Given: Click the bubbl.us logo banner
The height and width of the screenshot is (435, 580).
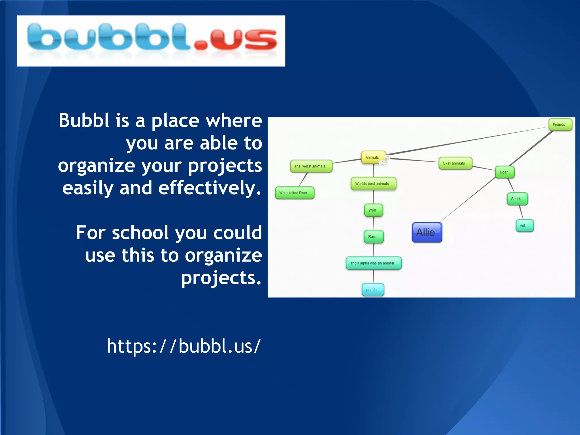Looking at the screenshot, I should tap(151, 41).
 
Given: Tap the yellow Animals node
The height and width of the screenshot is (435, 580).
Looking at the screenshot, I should tap(372, 157).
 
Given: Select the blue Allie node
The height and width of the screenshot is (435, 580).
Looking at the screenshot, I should tap(427, 233).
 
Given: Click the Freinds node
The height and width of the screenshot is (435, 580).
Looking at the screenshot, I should tap(560, 125).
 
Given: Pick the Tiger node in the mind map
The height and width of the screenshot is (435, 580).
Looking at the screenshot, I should tap(504, 172).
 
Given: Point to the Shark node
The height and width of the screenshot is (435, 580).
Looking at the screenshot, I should tap(517, 199).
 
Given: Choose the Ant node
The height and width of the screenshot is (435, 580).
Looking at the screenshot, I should tap(524, 226).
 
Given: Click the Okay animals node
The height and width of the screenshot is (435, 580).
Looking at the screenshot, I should tap(455, 163).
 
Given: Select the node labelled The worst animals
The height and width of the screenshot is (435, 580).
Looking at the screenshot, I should tap(311, 167).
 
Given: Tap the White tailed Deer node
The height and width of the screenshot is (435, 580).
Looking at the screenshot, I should tap(294, 193).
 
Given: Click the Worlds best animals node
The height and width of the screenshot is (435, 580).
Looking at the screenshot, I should tap(373, 184).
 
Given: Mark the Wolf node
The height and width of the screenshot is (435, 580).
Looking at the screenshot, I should tap(373, 210).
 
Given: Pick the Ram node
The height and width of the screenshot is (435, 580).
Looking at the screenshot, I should tap(373, 237).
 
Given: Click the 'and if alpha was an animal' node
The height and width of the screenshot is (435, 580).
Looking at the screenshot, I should tap(373, 263).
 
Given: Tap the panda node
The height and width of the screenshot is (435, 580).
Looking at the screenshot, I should tap(372, 290).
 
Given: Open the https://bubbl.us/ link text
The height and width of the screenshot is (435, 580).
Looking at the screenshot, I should tap(184, 346).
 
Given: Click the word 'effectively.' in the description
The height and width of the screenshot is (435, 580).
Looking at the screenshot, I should tap(210, 188).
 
